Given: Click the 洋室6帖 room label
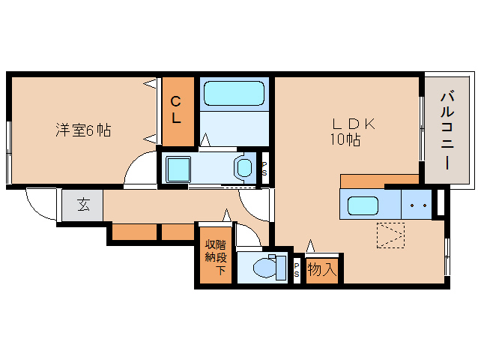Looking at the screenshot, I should point(82,130).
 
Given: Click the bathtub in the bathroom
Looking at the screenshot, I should point(235,94).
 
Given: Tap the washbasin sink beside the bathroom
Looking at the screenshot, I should point(245,168).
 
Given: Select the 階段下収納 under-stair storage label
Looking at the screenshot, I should point(216,257).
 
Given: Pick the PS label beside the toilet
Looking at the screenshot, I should point(296,270).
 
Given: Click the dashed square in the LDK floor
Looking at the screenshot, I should point(390,235).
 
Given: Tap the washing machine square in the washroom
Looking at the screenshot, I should point(180,169).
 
